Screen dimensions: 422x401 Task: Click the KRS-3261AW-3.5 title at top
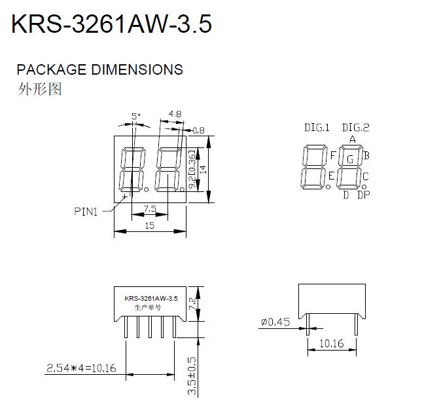click(x=112, y=24)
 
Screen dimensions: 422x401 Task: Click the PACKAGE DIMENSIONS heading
click(x=100, y=69)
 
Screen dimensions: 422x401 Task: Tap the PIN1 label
click(x=86, y=212)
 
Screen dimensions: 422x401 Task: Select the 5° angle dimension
click(x=136, y=116)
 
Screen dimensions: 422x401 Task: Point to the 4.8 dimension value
click(x=175, y=114)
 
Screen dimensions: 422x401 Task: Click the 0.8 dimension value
click(x=199, y=130)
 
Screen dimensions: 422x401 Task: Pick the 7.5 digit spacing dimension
click(x=150, y=209)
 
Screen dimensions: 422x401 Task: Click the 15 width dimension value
click(x=150, y=225)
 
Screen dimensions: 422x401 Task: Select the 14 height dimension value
click(x=203, y=169)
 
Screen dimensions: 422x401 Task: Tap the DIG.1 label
click(x=317, y=128)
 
